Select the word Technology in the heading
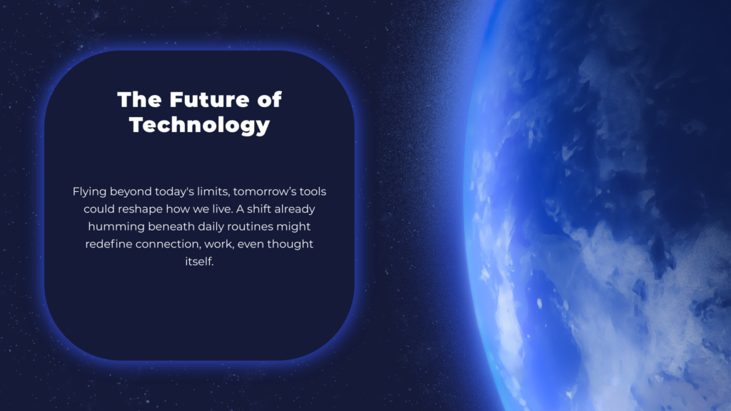pyautogui.click(x=199, y=125)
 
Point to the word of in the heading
pyautogui.click(x=269, y=99)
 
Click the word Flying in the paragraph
pyautogui.click(x=90, y=192)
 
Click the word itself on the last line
pyautogui.click(x=199, y=261)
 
